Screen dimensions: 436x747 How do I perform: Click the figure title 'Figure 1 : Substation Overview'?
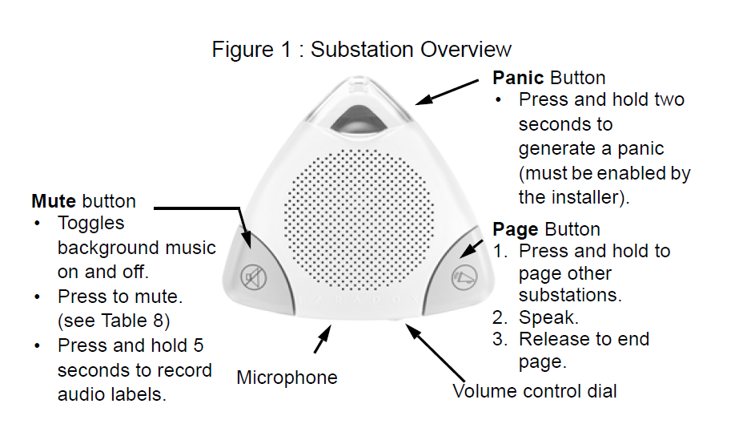[x=361, y=49]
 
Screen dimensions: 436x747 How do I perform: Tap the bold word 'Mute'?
[x=54, y=200]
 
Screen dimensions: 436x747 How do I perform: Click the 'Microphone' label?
[x=287, y=377]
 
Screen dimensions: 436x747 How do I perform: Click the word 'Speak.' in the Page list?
[x=546, y=317]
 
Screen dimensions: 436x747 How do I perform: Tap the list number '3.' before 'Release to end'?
[x=501, y=340]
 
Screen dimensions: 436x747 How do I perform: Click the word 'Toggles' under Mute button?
[x=91, y=224]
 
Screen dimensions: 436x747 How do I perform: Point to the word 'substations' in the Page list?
[x=570, y=295]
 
